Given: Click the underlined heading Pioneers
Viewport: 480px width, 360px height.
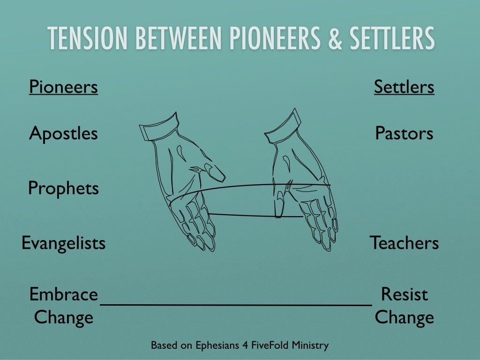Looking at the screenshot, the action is click(63, 87).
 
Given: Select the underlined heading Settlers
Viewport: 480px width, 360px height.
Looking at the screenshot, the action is click(404, 87).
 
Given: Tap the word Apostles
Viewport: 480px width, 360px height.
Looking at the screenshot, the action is click(63, 134).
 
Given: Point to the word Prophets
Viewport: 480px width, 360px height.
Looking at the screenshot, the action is click(63, 188).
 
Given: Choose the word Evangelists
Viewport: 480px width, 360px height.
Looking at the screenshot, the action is click(63, 243).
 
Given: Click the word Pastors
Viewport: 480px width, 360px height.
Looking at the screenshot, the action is click(404, 134).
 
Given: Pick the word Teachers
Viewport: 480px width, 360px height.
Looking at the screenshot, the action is click(404, 243).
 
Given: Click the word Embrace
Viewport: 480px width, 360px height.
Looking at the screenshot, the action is click(64, 294).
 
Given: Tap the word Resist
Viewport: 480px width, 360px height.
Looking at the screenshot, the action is click(405, 294).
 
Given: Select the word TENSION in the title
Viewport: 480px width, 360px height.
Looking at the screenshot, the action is click(87, 38).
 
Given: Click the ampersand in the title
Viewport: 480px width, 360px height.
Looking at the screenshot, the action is click(335, 38).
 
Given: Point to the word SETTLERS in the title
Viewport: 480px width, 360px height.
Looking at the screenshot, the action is click(392, 38).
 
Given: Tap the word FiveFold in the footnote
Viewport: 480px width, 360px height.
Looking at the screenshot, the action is click(270, 345).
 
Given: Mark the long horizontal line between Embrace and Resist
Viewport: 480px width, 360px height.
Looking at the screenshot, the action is click(236, 305).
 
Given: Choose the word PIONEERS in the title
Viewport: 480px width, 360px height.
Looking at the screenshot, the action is click(275, 38).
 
